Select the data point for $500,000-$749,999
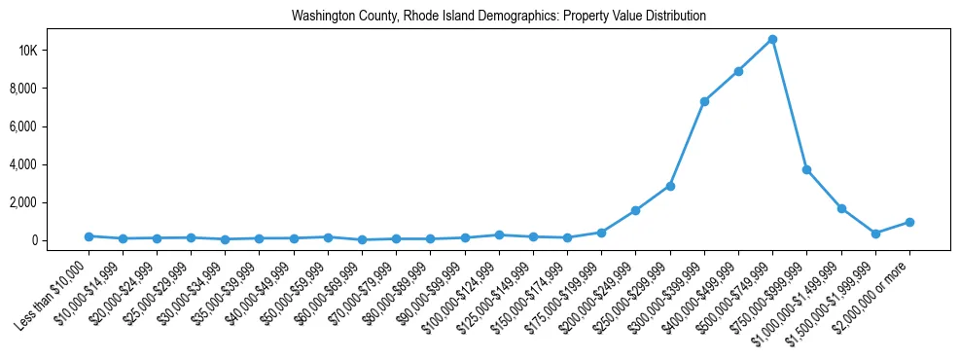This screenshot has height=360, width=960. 772,39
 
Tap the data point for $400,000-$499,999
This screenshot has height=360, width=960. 738,71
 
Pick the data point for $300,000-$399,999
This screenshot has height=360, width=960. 704,101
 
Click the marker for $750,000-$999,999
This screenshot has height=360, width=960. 806,169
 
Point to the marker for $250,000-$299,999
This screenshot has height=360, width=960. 670,186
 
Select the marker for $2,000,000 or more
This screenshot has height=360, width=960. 909,222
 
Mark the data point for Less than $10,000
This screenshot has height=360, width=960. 89,236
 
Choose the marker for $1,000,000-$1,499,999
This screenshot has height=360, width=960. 841,208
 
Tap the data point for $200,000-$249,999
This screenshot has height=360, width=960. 635,210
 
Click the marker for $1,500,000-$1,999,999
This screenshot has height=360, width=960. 875,234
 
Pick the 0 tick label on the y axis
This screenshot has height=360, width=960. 61,240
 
